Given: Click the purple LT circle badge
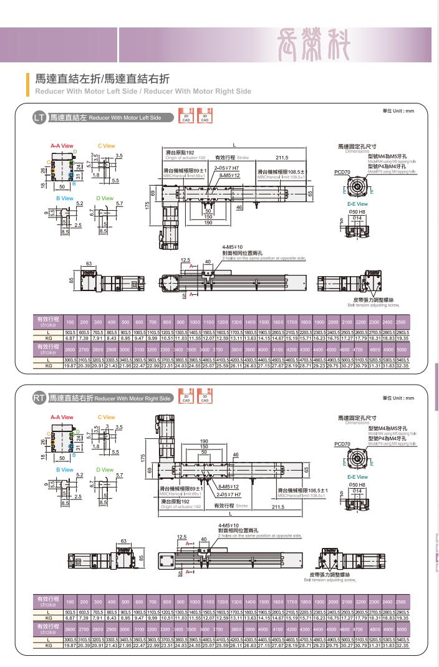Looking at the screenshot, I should [x=39, y=118].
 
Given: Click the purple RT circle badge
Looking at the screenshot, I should [x=39, y=398].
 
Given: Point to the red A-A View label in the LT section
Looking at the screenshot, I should [x=62, y=146].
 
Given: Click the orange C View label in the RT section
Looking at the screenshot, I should [x=106, y=417].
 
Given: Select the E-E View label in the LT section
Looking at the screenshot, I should [x=357, y=204].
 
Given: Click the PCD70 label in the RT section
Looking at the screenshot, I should [x=342, y=444].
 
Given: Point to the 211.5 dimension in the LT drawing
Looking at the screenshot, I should [x=282, y=157].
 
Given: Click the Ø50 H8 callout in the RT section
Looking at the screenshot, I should [x=357, y=484].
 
